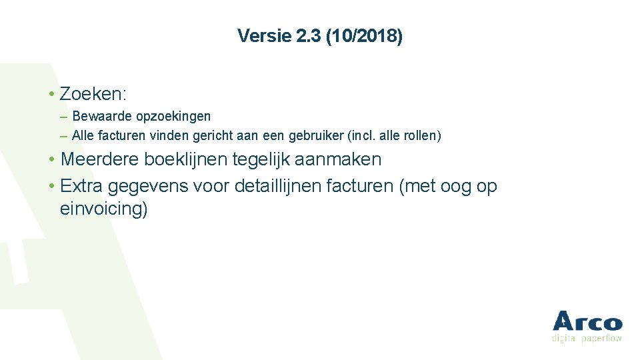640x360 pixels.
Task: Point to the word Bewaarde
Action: pos(103,117)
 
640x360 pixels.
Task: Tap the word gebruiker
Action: pos(316,136)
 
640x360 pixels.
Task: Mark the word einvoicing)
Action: pos(103,209)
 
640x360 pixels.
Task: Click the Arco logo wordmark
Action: pos(587,322)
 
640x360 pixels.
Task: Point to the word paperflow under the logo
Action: pos(601,339)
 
